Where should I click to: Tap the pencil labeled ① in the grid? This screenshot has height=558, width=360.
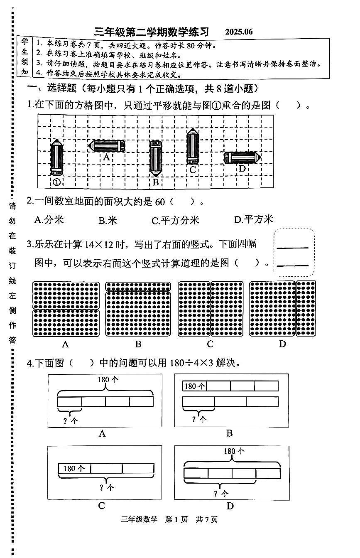(56, 158)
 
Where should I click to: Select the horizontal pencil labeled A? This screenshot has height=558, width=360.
(107, 146)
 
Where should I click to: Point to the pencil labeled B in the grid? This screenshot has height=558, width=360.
(156, 157)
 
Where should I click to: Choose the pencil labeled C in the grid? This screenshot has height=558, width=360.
(192, 146)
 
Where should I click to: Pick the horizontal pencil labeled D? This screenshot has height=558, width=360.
(242, 157)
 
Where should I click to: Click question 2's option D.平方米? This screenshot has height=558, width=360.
(253, 219)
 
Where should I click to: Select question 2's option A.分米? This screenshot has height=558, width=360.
(49, 220)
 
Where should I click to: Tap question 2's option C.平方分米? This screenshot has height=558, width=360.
(175, 220)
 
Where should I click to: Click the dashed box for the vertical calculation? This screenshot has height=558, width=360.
(294, 252)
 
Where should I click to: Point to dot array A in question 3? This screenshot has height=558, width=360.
(66, 309)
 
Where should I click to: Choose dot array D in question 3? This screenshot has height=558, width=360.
(282, 309)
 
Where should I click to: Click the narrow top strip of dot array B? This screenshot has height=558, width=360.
(138, 286)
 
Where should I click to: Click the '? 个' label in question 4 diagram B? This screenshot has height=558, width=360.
(198, 419)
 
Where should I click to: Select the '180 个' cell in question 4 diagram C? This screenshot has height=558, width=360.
(74, 468)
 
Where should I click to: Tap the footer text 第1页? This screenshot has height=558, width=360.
(176, 519)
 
